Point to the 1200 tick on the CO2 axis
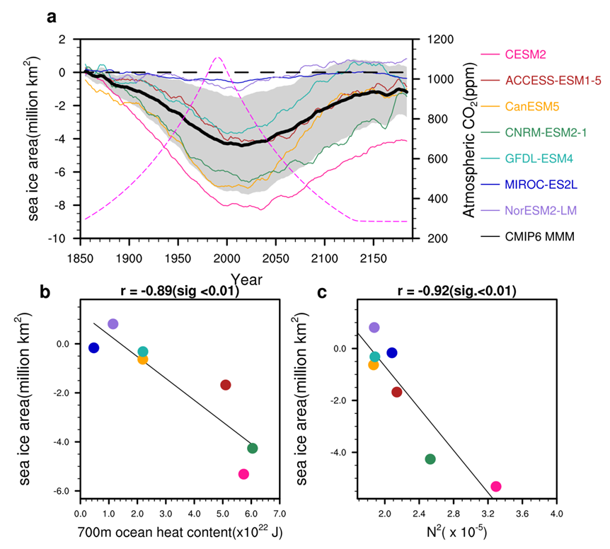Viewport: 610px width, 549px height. click(439, 39)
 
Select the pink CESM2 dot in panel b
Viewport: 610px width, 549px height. click(243, 474)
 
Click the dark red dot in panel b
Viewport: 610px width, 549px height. click(226, 385)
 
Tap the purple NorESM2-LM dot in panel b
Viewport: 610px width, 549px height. click(113, 324)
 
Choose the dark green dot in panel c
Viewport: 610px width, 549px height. click(430, 459)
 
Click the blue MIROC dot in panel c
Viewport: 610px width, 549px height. click(392, 352)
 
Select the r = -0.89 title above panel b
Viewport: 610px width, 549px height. click(180, 291)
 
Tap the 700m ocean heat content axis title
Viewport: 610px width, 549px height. click(180, 529)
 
